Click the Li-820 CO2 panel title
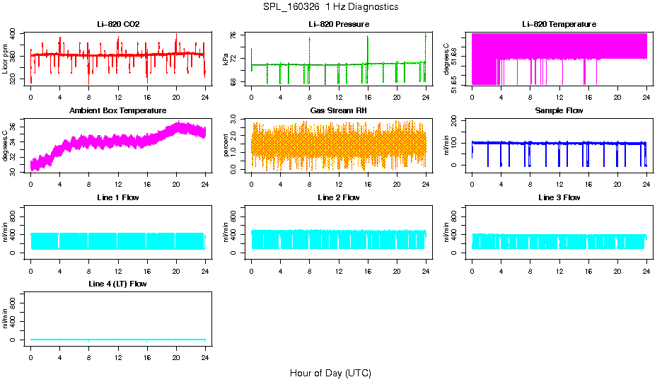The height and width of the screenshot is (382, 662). tap(118, 24)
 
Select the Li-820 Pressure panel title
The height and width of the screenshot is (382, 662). tap(339, 24)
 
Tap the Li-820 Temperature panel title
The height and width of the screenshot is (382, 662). tap(559, 24)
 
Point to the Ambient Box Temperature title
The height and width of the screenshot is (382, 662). tap(118, 111)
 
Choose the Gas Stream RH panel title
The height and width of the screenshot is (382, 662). tap(339, 111)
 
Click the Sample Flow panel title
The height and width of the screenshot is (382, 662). tap(559, 111)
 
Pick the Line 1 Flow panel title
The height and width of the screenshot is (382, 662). tap(118, 197)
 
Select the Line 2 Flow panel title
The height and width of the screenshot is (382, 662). tap(339, 197)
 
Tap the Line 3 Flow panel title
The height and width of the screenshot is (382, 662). tap(559, 197)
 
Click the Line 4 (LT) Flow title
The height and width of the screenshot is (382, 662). tap(118, 284)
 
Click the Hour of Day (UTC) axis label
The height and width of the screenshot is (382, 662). tap(330, 373)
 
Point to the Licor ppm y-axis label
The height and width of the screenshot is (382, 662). tap(6, 59)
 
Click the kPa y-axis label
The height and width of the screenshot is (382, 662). tap(227, 59)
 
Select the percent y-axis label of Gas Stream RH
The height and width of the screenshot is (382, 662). tap(227, 145)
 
